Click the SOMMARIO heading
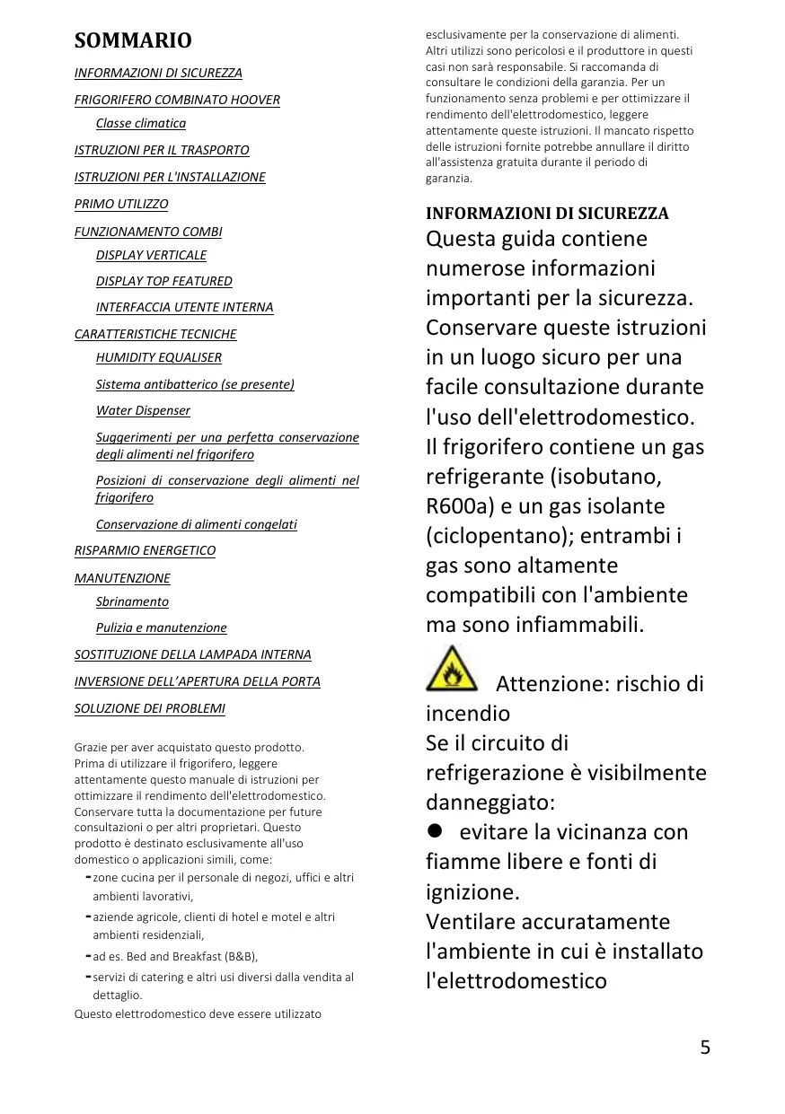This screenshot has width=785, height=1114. coord(132,40)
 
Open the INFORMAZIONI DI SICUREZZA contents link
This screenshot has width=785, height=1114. coord(158,73)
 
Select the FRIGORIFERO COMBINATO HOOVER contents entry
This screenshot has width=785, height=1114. coord(177,100)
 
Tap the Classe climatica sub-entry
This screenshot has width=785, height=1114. coord(141,123)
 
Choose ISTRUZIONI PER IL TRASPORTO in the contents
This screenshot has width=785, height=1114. coord(162,150)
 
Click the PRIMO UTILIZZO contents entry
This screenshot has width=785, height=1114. coord(121,204)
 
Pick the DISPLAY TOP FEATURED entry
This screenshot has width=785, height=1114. coord(164,281)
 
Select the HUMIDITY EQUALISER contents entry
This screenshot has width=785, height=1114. coord(159,357)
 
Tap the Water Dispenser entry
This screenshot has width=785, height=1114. coord(143,410)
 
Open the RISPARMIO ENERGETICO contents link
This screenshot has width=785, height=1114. coord(145,550)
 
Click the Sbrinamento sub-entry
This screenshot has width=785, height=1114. coord(132,601)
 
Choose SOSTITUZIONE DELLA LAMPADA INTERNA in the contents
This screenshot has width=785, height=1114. coord(192,654)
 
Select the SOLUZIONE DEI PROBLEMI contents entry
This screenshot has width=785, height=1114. coord(149,708)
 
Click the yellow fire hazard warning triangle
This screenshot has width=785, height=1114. coord(452,670)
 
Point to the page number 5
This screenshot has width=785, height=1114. coord(705,1047)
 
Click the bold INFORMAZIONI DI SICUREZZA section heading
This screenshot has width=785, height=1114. coord(547,214)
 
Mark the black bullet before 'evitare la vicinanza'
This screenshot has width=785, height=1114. coord(436,831)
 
